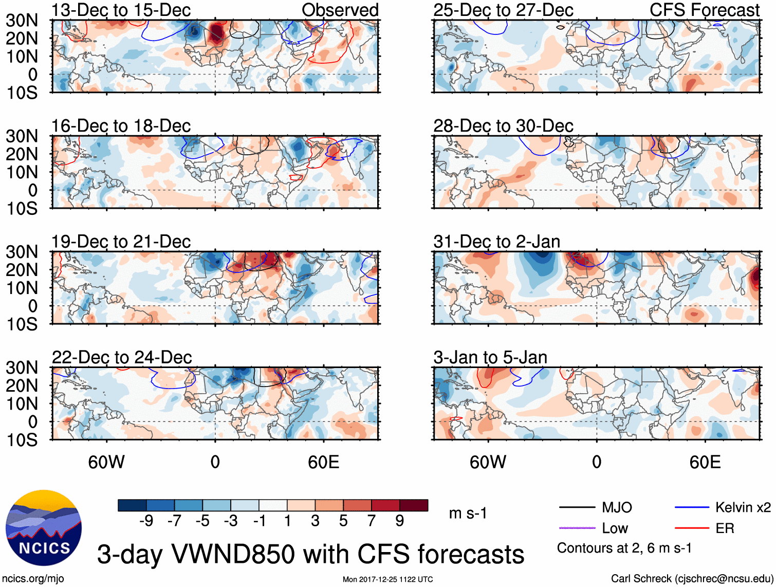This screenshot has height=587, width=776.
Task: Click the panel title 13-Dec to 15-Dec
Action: (x=121, y=10)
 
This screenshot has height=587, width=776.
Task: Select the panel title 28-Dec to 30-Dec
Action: (x=503, y=126)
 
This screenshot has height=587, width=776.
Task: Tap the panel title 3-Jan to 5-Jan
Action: (x=490, y=357)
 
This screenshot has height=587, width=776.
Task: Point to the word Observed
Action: (x=340, y=10)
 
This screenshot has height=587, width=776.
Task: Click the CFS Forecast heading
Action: (x=704, y=10)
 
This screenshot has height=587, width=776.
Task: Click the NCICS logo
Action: (x=44, y=528)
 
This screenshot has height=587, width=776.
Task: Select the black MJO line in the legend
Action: (x=577, y=508)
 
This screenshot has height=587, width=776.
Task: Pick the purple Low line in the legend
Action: (x=577, y=528)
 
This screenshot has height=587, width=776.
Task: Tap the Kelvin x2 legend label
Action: (x=743, y=508)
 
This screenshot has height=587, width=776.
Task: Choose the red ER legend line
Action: (x=691, y=528)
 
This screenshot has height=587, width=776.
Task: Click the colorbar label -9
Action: (x=146, y=521)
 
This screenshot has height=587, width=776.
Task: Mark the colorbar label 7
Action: (x=372, y=521)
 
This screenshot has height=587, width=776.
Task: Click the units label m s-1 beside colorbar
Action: (x=468, y=513)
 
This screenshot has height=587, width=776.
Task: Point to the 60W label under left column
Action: (x=106, y=462)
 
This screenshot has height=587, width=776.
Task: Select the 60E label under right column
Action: (x=705, y=462)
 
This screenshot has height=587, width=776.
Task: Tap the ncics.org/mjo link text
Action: (x=33, y=579)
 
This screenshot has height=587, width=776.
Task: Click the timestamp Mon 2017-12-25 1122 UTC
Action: (x=387, y=579)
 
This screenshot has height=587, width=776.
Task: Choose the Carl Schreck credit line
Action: (x=692, y=579)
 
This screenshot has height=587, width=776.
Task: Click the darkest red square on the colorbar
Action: (x=414, y=505)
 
